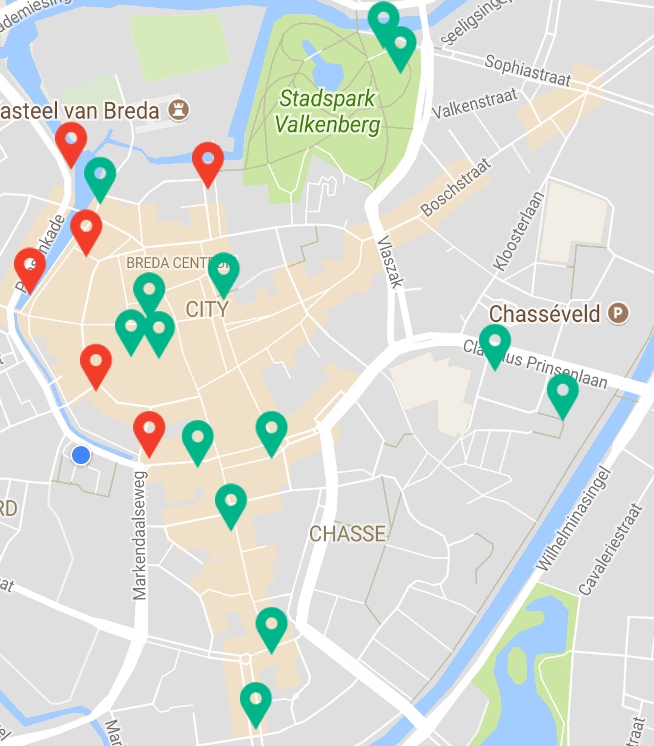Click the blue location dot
click(x=81, y=455)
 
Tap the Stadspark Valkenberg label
click(x=328, y=112)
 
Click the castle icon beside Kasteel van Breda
click(x=179, y=110)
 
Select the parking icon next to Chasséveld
click(x=618, y=313)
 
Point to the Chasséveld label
click(x=544, y=314)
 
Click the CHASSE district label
click(x=348, y=534)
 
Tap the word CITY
click(x=207, y=310)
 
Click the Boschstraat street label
click(x=455, y=188)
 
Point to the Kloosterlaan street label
click(x=519, y=231)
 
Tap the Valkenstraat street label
click(x=475, y=103)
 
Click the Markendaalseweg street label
click(x=140, y=535)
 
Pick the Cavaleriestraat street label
click(x=610, y=549)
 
